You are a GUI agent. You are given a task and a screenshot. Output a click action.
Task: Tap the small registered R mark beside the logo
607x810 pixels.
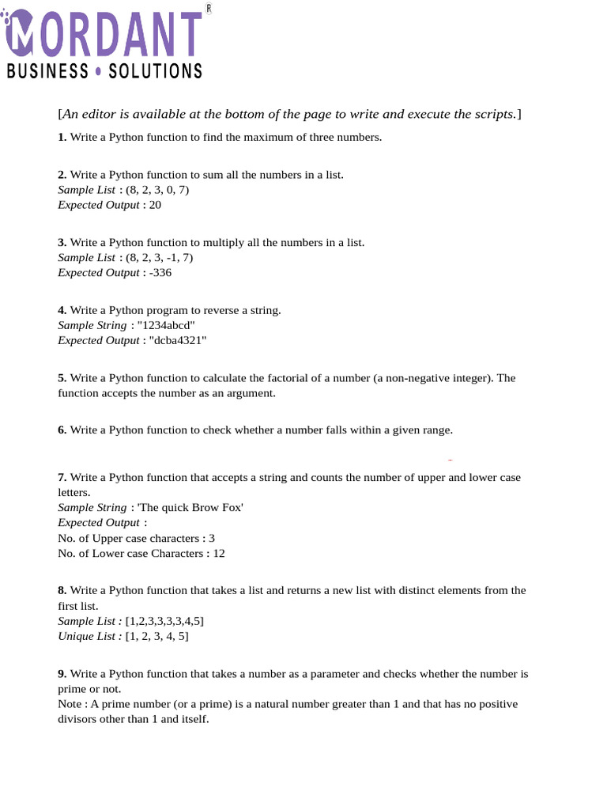point(208,8)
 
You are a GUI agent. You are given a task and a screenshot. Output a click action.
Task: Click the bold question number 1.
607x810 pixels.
point(62,137)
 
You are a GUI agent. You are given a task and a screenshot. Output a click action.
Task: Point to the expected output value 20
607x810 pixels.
point(155,205)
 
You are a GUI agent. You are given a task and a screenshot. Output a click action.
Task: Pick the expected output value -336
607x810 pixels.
point(158,273)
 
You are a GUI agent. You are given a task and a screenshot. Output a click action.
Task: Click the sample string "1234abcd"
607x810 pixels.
point(166,325)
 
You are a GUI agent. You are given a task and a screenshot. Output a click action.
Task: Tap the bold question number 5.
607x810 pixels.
point(62,378)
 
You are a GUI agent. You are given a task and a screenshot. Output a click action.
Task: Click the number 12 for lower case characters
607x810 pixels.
point(218,554)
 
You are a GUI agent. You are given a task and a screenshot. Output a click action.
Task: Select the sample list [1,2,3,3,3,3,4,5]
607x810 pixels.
point(170,621)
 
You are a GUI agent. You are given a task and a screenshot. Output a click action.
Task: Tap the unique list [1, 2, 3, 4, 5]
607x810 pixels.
point(157,636)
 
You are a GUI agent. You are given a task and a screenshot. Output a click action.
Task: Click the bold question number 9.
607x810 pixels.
point(62,674)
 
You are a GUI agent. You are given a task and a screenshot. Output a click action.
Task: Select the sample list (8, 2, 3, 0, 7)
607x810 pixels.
point(157,190)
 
